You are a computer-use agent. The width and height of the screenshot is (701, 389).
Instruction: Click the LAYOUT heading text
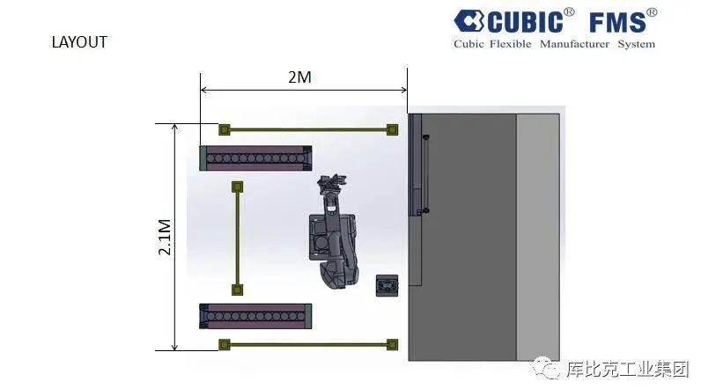(79, 42)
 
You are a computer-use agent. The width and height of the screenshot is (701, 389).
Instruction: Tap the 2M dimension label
(299, 77)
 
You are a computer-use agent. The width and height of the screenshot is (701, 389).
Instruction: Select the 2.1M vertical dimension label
(165, 237)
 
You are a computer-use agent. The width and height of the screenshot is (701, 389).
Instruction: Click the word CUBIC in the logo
(525, 22)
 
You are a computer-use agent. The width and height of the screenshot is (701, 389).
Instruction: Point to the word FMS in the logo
(617, 22)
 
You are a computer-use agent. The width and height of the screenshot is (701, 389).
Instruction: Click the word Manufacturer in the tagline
(574, 44)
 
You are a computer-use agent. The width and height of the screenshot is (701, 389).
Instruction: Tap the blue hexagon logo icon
(469, 21)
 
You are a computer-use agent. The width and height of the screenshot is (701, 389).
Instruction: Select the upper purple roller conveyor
(255, 158)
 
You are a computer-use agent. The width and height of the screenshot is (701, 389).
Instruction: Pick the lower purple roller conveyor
(255, 316)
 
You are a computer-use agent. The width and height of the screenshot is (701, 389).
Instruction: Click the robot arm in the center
(333, 232)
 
